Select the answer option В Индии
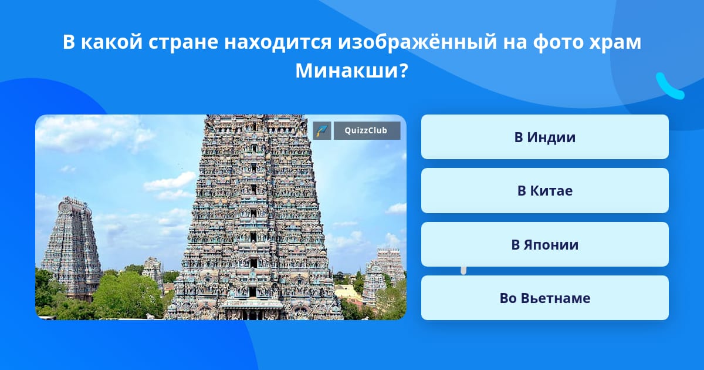click(x=544, y=137)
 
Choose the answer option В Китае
click(x=544, y=191)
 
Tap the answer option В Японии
click(x=544, y=244)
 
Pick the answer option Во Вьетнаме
click(x=544, y=298)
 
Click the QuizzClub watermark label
click(x=367, y=130)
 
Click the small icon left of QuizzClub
click(x=322, y=130)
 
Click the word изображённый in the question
click(x=417, y=42)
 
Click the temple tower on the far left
click(x=71, y=248)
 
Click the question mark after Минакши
click(x=404, y=70)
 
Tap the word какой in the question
click(x=112, y=42)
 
